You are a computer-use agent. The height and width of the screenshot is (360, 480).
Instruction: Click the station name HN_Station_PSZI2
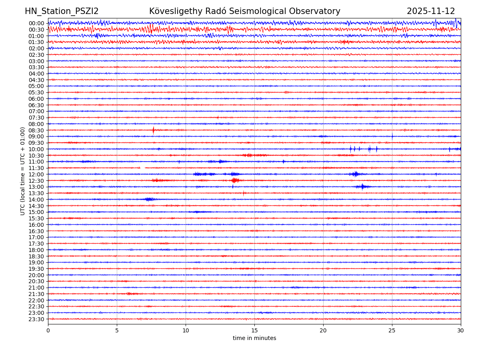tap(62, 12)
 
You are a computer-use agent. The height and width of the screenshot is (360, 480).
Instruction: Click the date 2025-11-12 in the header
tap(431, 12)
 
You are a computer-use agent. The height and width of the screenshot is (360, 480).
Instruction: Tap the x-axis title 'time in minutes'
tap(254, 338)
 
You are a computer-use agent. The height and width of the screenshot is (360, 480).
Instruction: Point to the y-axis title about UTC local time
tap(23, 171)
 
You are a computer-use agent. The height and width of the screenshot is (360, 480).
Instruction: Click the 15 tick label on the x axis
tap(254, 331)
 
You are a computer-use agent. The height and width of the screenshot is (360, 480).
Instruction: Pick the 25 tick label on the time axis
tap(392, 331)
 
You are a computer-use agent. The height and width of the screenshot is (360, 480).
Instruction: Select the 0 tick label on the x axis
tap(48, 331)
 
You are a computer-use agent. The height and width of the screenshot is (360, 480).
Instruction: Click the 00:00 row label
tap(36, 23)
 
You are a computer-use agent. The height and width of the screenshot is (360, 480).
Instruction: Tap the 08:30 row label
tap(36, 130)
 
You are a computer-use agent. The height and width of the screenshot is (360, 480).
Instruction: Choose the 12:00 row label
tap(36, 174)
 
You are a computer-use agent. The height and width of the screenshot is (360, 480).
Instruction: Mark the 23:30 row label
tap(36, 319)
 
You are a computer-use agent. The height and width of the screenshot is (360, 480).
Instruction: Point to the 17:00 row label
tap(36, 237)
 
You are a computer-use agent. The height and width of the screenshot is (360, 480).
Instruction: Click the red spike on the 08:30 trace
tap(153, 130)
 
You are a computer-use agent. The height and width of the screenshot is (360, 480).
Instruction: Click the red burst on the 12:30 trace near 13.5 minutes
tap(235, 180)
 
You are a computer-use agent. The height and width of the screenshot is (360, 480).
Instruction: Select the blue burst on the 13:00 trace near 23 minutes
tap(362, 186)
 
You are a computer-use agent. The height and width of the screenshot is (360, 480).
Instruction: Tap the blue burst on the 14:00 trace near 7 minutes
tap(149, 199)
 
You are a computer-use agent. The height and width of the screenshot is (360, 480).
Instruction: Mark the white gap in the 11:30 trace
tap(142, 168)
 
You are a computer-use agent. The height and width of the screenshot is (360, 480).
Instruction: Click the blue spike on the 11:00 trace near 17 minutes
tap(283, 162)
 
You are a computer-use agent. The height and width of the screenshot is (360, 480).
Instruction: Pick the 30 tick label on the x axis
tap(461, 331)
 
